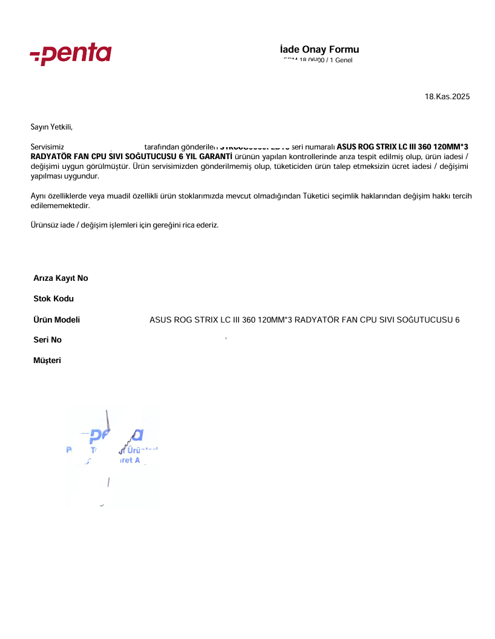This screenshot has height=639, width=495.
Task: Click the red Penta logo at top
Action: click(71, 54)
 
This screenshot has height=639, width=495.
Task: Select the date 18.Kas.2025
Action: click(447, 97)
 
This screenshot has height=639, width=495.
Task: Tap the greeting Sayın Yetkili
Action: click(51, 126)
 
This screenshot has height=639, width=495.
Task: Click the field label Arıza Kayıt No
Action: click(61, 278)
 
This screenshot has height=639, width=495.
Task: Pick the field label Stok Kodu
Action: click(53, 299)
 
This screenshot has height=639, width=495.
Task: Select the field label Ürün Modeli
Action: click(56, 319)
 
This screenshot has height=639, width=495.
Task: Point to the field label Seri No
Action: click(47, 340)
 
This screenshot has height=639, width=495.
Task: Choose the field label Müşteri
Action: click(47, 361)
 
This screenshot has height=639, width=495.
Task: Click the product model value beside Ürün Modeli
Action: click(304, 319)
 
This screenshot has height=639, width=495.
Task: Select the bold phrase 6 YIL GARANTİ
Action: click(206, 157)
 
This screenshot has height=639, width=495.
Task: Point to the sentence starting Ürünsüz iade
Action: click(125, 225)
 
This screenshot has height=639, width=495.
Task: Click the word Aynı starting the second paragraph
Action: click(39, 196)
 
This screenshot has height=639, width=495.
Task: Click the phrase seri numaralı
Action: click(313, 147)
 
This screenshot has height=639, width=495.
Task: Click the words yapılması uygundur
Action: click(64, 176)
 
